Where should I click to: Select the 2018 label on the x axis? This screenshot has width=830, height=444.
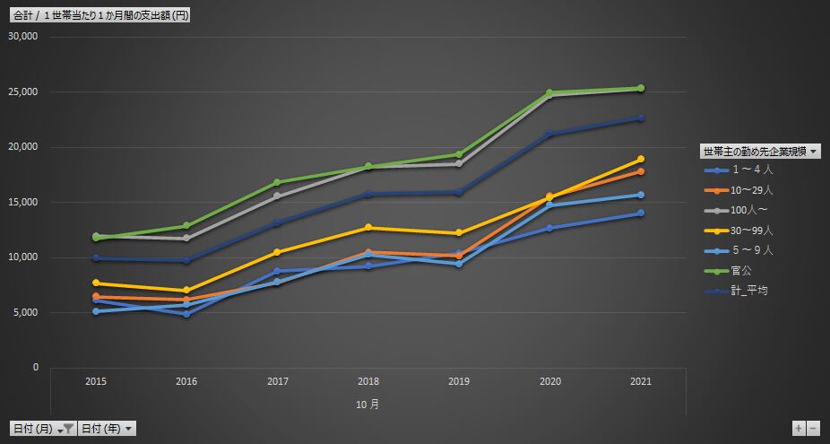click(x=368, y=381)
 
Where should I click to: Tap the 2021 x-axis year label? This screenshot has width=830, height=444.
click(x=641, y=381)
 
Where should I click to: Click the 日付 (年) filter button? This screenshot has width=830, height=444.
click(x=108, y=429)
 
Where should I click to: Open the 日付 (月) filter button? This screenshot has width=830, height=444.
click(x=42, y=429)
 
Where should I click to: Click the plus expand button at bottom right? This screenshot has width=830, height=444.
click(x=799, y=429)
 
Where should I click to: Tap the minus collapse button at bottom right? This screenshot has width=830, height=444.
click(x=813, y=429)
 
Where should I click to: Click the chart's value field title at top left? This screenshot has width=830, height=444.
click(x=100, y=16)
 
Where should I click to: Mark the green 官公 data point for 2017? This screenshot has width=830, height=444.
click(x=278, y=182)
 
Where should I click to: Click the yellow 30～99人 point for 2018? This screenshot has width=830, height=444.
click(x=368, y=228)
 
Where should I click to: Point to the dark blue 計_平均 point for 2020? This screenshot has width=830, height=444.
click(x=549, y=134)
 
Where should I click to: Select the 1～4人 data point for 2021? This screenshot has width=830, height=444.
click(x=640, y=213)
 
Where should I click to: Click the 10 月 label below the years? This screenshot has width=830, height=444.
click(x=367, y=405)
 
